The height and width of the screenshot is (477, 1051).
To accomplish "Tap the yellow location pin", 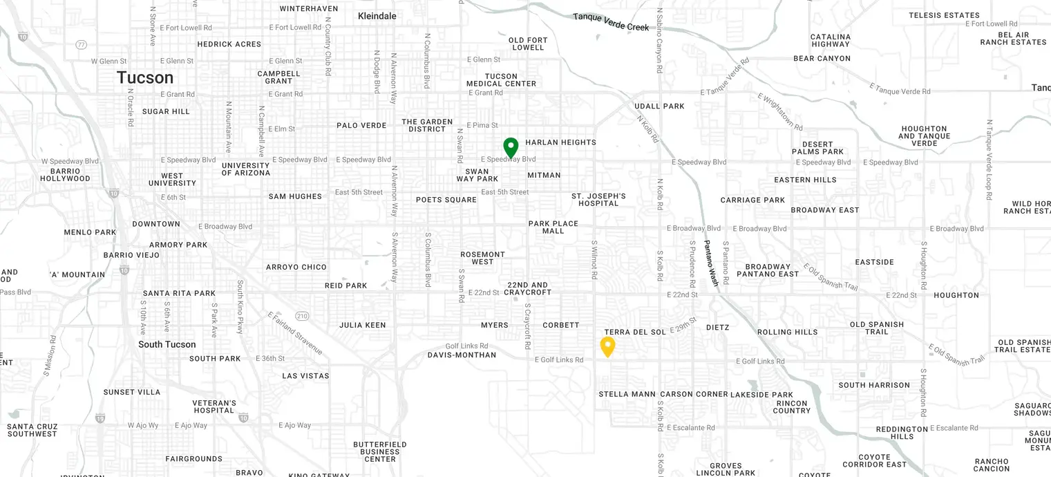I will (607, 346).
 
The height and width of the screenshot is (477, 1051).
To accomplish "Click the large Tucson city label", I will (145, 77).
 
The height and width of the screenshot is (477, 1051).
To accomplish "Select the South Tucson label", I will (167, 344).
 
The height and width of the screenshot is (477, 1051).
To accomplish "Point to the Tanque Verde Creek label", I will (611, 21).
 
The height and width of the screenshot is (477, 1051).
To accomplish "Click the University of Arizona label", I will (246, 169).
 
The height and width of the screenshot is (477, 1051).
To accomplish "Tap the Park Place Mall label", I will (553, 227).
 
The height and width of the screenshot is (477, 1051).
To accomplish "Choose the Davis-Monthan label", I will (462, 355).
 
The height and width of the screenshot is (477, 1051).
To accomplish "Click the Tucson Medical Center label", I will (501, 80).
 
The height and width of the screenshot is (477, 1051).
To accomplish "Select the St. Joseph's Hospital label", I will (598, 200).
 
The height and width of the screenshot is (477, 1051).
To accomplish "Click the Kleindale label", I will (377, 15).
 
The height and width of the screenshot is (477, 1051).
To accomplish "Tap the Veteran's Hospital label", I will (214, 406).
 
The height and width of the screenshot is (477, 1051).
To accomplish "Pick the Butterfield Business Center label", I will (380, 451).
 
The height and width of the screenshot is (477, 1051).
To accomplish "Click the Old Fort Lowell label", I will (528, 44).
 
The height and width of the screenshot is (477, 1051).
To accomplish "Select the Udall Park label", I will (659, 106).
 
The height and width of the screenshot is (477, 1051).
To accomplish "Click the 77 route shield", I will (82, 45).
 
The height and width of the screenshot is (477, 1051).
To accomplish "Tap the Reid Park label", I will (346, 286).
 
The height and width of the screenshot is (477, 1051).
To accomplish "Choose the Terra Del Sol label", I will (635, 333).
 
